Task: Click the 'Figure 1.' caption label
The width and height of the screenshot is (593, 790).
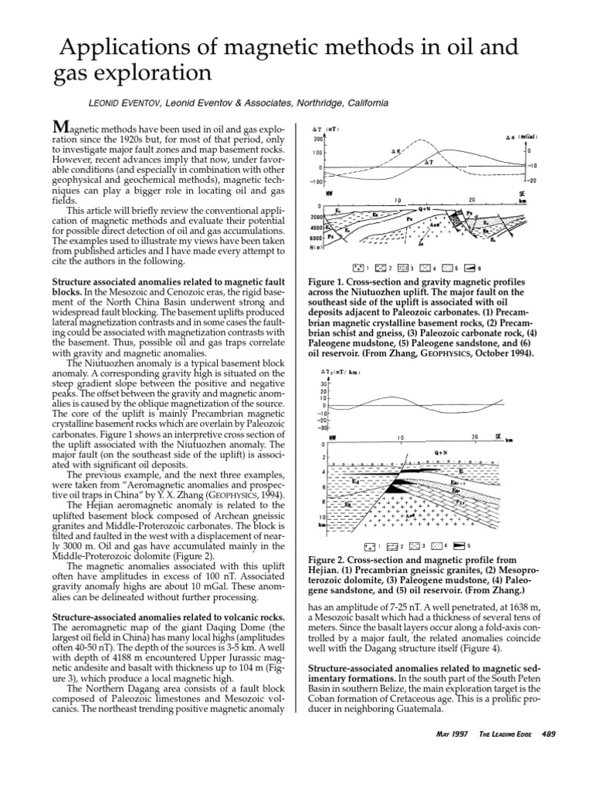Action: click(330, 282)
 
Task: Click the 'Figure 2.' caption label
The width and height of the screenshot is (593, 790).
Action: click(330, 561)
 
